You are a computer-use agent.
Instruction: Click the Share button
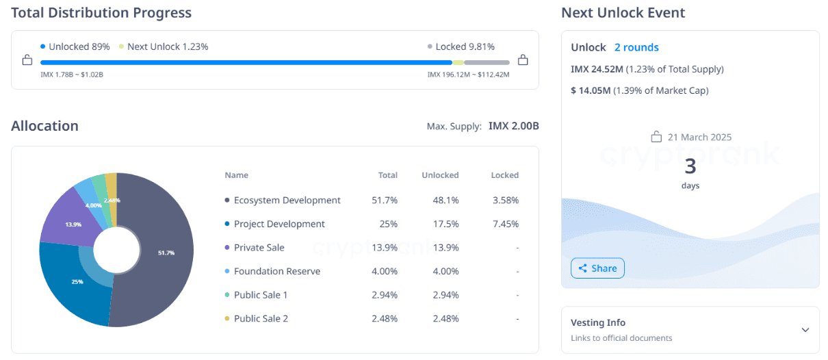[x=597, y=268]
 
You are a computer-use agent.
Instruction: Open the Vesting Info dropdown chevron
[x=805, y=330]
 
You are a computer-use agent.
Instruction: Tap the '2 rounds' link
[x=636, y=47]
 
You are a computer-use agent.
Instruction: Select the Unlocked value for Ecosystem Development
[x=446, y=200]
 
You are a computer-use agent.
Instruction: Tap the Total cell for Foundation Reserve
[x=384, y=271]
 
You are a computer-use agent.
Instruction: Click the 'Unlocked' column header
[x=440, y=175]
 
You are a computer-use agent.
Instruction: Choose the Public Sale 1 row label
[x=261, y=295]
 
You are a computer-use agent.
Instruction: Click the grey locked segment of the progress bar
[x=487, y=62]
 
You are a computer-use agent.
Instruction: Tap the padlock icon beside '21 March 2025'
[x=656, y=137]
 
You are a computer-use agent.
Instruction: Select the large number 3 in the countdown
[x=690, y=166]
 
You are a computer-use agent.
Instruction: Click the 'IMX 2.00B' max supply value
[x=513, y=126]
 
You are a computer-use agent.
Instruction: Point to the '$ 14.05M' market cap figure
[x=591, y=90]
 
